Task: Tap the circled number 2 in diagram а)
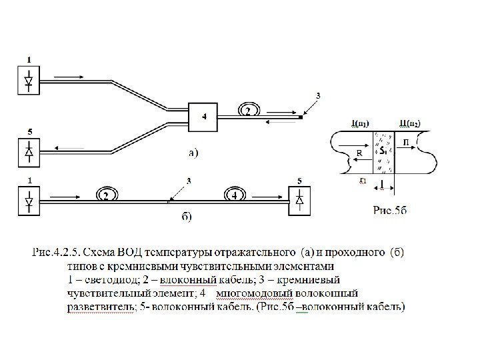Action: click(248, 110)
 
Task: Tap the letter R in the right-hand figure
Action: click(359, 153)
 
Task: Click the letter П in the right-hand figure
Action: click(406, 142)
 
